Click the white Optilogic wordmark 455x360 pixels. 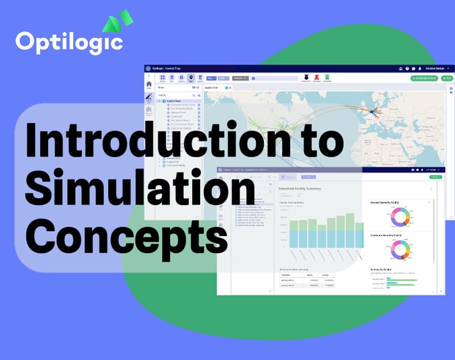pos(69,43)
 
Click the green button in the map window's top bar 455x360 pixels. pos(423,78)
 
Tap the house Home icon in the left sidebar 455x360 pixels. pos(149,85)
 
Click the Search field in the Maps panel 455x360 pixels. pos(174,95)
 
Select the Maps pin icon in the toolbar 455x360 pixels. pos(191,78)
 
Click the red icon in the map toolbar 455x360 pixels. pos(316,77)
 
